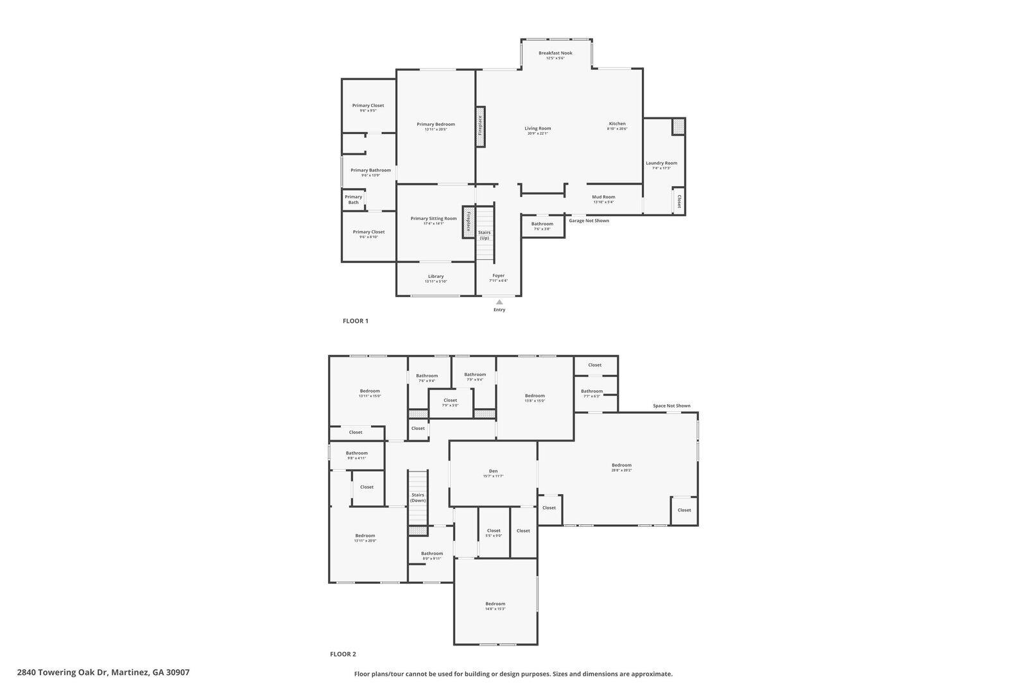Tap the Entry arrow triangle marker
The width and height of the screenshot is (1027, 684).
499,302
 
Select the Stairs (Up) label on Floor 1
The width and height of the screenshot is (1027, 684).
484,235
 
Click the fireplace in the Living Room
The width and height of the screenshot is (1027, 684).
480,126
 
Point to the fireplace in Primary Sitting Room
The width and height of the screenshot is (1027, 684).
468,221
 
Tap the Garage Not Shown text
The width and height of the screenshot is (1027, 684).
589,221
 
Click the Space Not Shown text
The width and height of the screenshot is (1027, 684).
671,406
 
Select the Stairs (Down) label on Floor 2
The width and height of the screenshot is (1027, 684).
418,497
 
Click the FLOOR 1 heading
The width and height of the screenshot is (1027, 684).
356,321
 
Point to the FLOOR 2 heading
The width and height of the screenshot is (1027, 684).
343,654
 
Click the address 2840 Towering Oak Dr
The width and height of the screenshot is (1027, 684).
103,672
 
